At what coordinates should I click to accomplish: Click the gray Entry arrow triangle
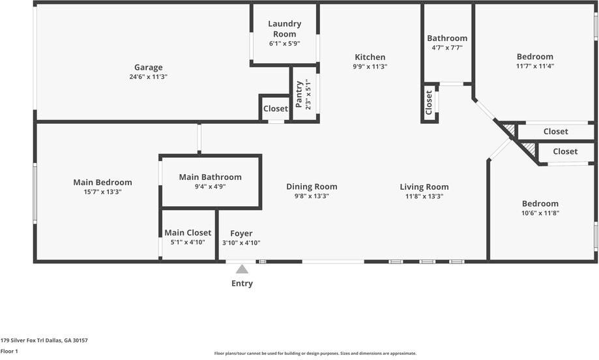pyautogui.click(x=242, y=269)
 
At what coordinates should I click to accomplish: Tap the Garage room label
pyautogui.click(x=148, y=67)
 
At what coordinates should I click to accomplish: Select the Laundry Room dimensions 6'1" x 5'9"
pyautogui.click(x=285, y=44)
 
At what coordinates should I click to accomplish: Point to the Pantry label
pyautogui.click(x=299, y=94)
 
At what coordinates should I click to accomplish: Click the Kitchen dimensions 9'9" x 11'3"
pyautogui.click(x=370, y=67)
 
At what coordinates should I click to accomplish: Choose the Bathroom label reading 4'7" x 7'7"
pyautogui.click(x=447, y=48)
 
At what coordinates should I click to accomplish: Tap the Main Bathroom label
pyautogui.click(x=210, y=177)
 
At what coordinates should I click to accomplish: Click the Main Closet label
pyautogui.click(x=188, y=232)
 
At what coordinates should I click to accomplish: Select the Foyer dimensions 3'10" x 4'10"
pyautogui.click(x=241, y=243)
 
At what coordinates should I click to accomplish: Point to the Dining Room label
pyautogui.click(x=312, y=187)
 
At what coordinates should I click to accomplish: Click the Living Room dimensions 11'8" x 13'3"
pyautogui.click(x=424, y=196)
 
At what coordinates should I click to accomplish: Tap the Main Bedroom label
pyautogui.click(x=103, y=183)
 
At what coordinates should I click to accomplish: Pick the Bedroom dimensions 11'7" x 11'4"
pyautogui.click(x=535, y=66)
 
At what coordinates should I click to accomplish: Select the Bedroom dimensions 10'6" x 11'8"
pyautogui.click(x=540, y=213)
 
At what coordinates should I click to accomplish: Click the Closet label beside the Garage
pyautogui.click(x=276, y=108)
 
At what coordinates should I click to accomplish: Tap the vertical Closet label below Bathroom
pyautogui.click(x=429, y=102)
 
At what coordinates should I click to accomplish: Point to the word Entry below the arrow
pyautogui.click(x=242, y=283)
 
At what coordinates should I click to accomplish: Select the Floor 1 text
pyautogui.click(x=9, y=352)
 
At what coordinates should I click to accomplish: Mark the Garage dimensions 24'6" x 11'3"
pyautogui.click(x=148, y=77)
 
